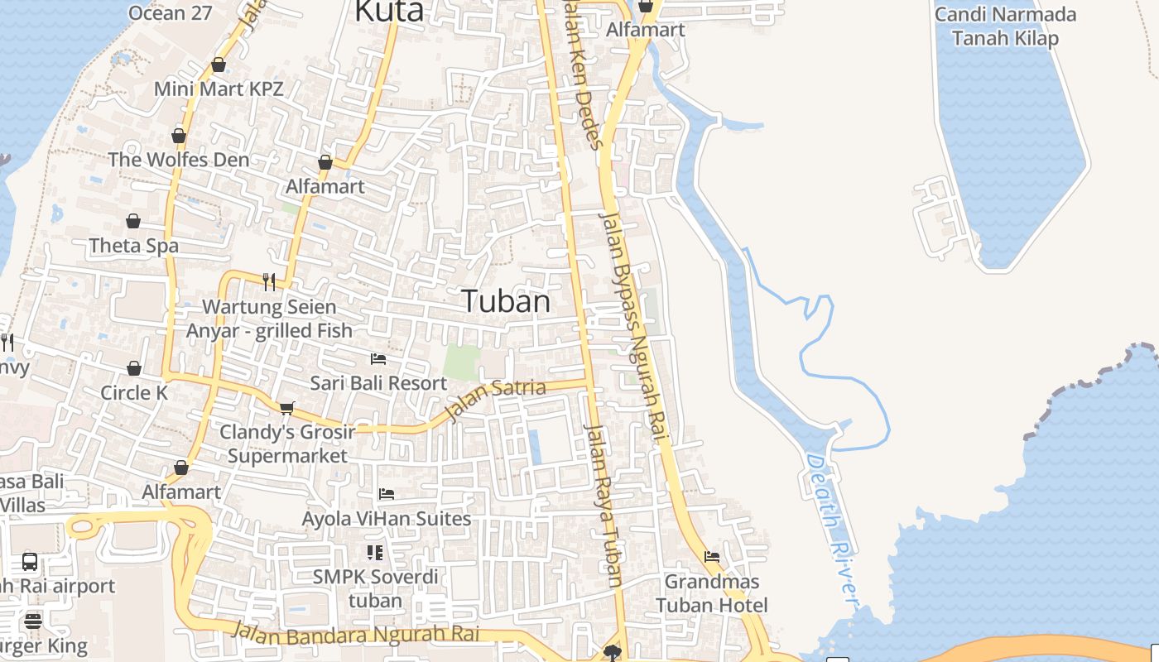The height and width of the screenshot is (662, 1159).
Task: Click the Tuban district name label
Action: (x=506, y=301)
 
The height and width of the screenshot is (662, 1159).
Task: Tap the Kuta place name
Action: (x=389, y=12)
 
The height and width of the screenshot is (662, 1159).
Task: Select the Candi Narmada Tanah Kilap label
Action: (x=1005, y=26)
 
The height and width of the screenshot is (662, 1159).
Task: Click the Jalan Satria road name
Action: (x=495, y=399)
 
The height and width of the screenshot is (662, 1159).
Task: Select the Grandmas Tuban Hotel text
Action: (x=712, y=593)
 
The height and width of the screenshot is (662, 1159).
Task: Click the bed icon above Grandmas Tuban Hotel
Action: (x=712, y=557)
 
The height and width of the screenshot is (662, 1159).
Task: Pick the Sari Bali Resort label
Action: (x=378, y=383)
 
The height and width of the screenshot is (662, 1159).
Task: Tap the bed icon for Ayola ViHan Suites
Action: (x=386, y=494)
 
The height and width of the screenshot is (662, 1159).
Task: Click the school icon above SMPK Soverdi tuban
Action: (x=375, y=552)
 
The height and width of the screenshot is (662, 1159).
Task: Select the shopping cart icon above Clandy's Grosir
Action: (x=287, y=407)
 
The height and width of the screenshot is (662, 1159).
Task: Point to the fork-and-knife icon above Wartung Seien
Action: (x=268, y=282)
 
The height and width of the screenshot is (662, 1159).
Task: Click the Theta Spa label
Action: (x=133, y=246)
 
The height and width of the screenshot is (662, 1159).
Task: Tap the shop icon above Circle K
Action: (x=134, y=368)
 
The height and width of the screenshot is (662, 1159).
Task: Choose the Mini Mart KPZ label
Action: (x=219, y=89)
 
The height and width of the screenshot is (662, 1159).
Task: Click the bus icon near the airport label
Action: (x=30, y=562)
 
